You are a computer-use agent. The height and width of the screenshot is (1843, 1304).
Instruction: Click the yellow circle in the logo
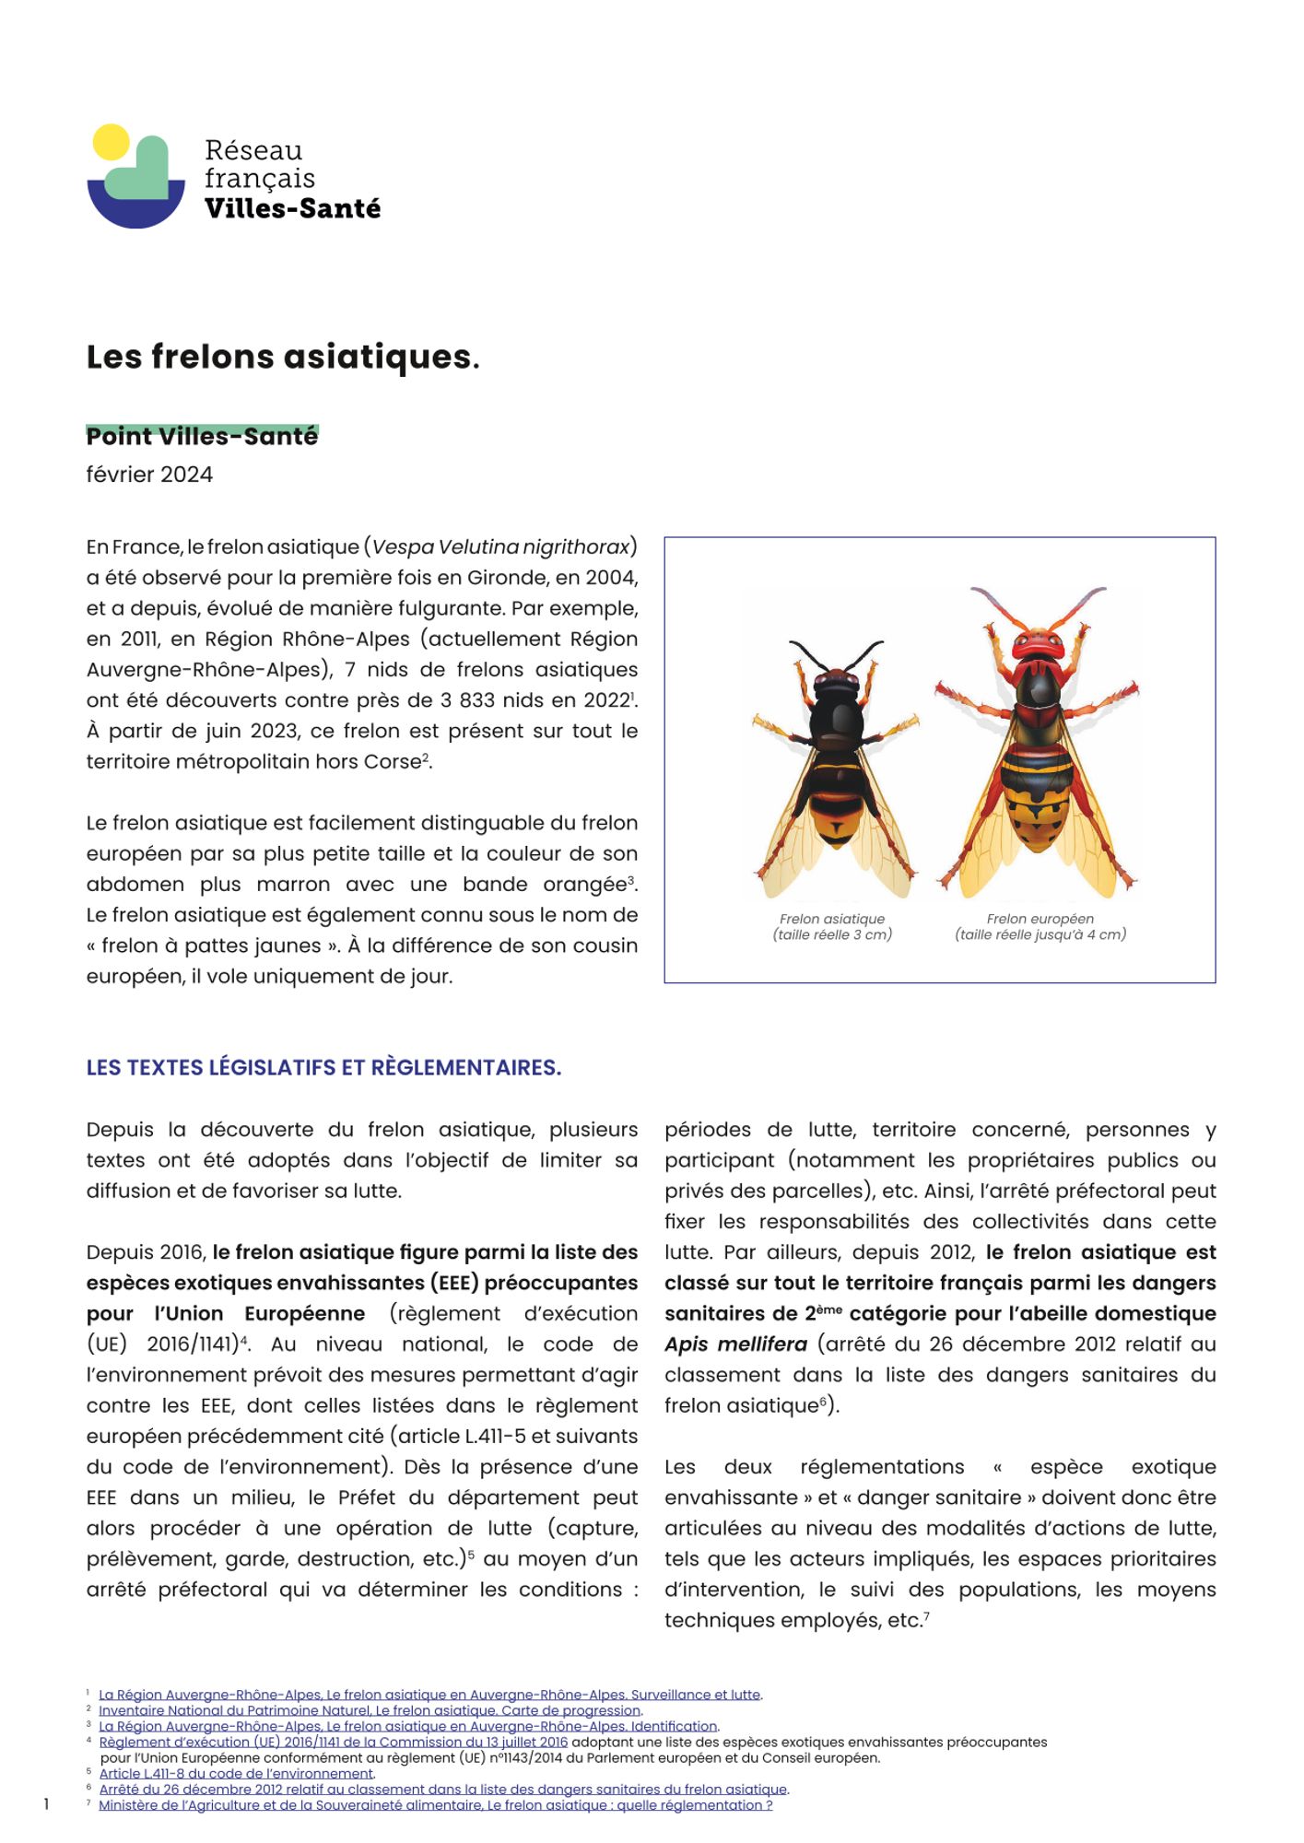click(112, 142)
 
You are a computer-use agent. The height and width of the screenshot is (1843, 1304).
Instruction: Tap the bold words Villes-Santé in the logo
click(292, 209)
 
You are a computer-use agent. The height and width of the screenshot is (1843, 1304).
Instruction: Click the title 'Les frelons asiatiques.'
click(283, 357)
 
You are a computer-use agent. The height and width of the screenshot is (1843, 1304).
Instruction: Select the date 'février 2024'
click(149, 475)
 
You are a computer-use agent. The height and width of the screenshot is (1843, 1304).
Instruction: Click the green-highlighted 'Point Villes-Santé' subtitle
click(202, 436)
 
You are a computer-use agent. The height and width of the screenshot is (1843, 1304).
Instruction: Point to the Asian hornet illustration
click(835, 765)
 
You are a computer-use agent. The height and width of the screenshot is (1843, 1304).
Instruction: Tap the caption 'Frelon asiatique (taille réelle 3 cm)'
click(832, 926)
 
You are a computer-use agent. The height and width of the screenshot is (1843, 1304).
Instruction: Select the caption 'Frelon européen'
click(1040, 919)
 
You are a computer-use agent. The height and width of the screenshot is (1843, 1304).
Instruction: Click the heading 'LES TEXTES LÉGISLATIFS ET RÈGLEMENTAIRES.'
click(323, 1067)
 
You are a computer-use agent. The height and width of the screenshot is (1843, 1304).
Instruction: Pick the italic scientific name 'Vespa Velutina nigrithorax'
click(500, 547)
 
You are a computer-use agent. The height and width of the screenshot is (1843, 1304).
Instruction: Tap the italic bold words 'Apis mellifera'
click(735, 1344)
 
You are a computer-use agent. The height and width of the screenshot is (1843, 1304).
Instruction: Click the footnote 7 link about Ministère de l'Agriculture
click(435, 1805)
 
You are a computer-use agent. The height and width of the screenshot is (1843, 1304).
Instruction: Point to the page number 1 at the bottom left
click(46, 1804)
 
